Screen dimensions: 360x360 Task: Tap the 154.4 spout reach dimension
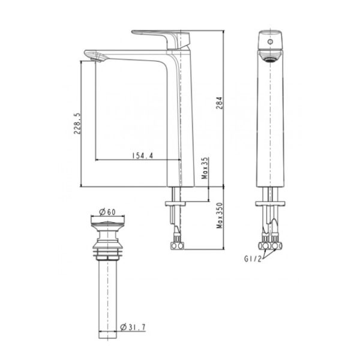click(142, 155)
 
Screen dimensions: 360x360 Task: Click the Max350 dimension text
click(220, 217)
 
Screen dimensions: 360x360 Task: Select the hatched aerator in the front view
click(271, 56)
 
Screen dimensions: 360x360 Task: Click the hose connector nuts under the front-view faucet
click(271, 245)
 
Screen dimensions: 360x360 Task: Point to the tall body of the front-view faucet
click(271, 120)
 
